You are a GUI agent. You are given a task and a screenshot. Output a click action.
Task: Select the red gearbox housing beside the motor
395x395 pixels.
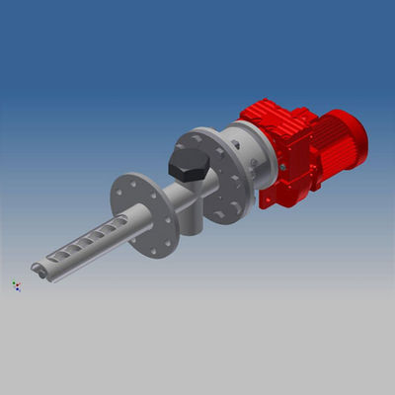[292, 153]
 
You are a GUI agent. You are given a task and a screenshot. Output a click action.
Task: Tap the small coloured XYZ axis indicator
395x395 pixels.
[16, 285]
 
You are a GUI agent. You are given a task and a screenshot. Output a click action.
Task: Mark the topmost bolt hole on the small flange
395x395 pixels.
[128, 180]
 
